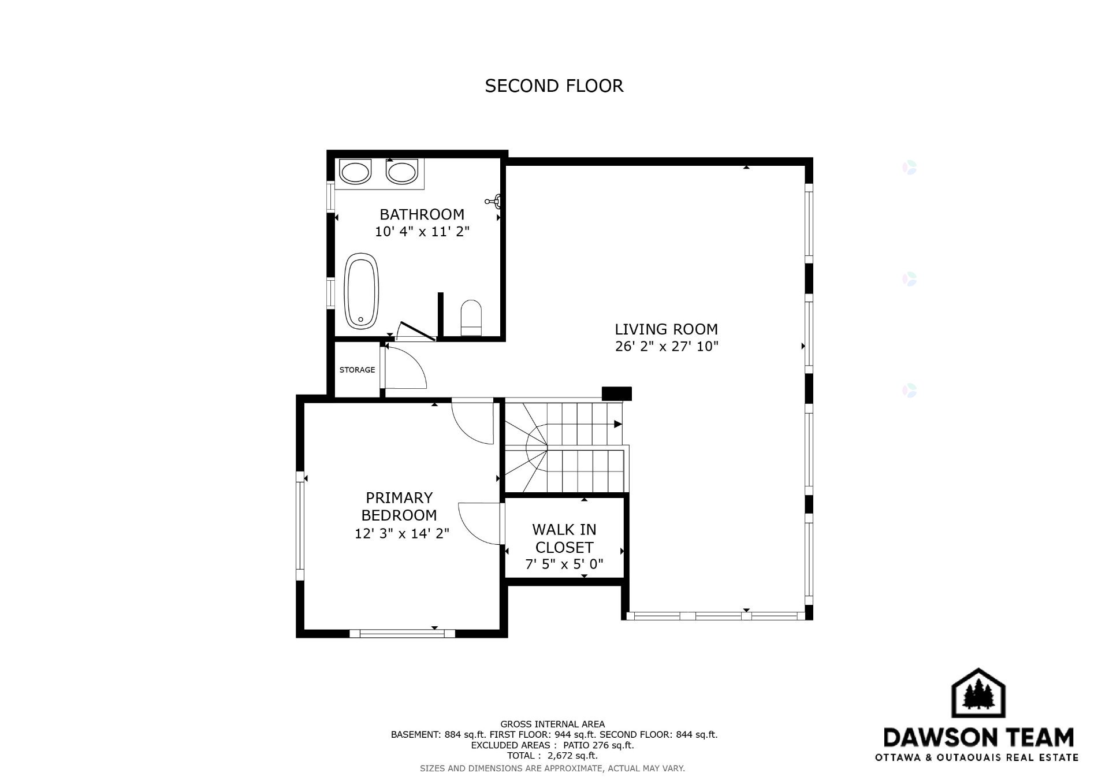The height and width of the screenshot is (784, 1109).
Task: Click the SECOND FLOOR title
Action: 554,86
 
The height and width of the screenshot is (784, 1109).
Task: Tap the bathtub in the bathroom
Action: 362,291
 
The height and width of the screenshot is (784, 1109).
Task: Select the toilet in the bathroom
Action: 471,317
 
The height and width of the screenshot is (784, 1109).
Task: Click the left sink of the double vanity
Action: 354,172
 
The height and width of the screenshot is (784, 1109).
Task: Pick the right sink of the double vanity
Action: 401,172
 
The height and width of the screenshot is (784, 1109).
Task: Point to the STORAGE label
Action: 357,370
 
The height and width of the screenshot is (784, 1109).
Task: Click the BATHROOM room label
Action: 422,214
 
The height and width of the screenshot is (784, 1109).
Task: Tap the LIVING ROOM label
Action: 666,329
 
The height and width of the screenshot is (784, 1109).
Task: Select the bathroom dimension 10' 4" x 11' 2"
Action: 422,232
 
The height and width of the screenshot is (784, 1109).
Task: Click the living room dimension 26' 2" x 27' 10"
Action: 667,347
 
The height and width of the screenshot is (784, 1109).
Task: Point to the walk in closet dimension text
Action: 564,564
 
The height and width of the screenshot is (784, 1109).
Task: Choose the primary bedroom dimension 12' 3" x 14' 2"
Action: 402,533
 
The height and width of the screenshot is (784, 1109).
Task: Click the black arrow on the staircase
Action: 617,424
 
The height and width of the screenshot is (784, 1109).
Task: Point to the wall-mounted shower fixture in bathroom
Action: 493,201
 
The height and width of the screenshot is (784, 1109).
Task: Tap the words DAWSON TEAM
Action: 978,737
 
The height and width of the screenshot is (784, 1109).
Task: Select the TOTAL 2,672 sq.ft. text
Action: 552,756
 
